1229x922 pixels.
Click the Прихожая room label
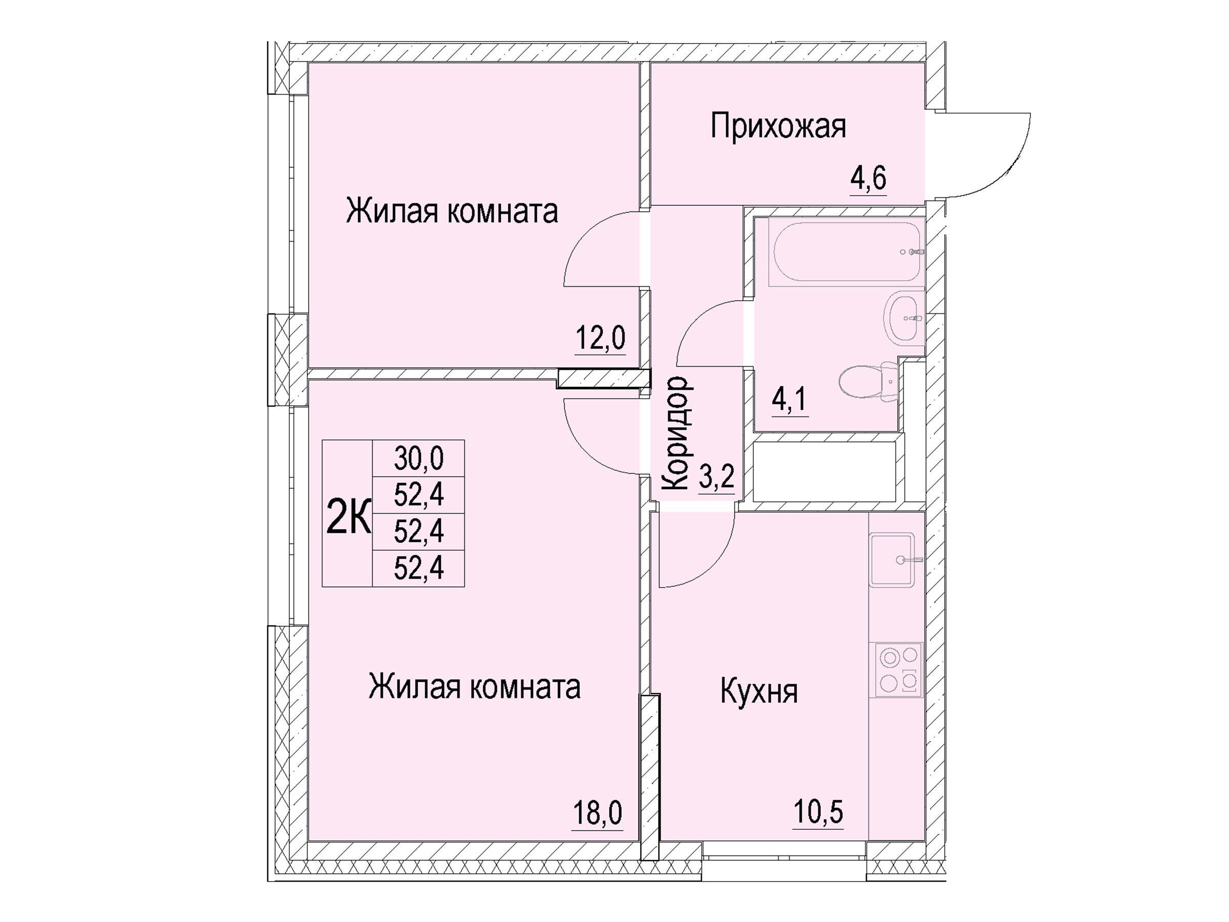(x=778, y=127)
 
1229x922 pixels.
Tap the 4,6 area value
(x=868, y=178)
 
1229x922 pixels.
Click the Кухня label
(x=759, y=692)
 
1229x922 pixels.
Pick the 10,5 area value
(x=818, y=812)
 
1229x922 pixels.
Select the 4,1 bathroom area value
(x=790, y=400)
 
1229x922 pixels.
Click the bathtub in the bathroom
(x=846, y=252)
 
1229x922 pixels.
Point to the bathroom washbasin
(x=902, y=319)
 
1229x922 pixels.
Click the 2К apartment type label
(x=348, y=516)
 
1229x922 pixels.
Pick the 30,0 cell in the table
(x=418, y=458)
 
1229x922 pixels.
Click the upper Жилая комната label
(x=452, y=212)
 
